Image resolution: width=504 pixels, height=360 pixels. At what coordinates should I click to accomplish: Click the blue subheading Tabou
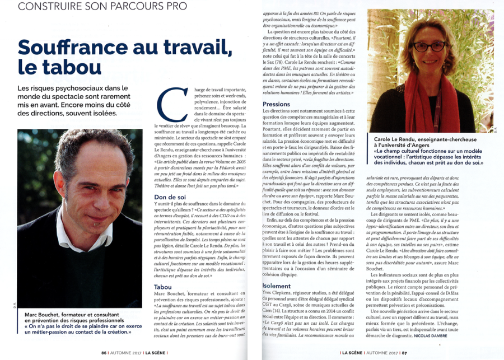(x=163, y=287)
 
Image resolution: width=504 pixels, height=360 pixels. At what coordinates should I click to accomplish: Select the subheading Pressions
(x=276, y=104)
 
